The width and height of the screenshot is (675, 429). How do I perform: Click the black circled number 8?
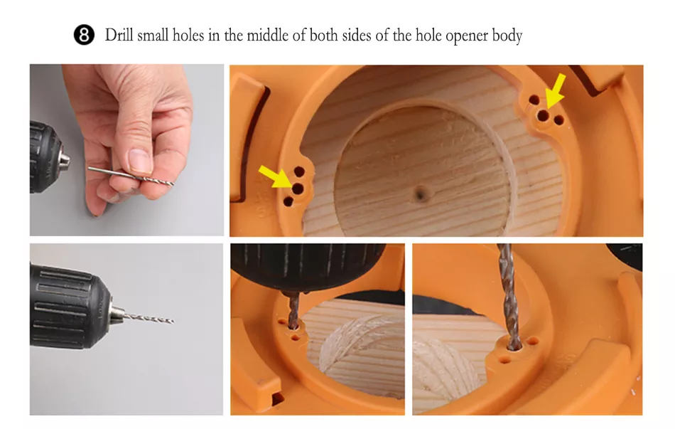[x=84, y=35]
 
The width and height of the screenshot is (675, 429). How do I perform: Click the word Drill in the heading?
[x=119, y=34]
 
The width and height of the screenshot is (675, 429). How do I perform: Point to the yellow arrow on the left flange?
[x=275, y=176]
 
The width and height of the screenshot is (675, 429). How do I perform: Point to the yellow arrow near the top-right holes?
[x=555, y=90]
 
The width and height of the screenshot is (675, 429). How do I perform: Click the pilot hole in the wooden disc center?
[x=420, y=194]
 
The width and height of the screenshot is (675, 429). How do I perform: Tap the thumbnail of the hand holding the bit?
[x=126, y=150]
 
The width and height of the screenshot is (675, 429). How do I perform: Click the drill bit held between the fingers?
[x=131, y=176]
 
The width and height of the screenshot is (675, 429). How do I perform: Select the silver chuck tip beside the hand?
[x=64, y=159]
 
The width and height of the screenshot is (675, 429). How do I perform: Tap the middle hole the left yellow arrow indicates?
[x=298, y=188]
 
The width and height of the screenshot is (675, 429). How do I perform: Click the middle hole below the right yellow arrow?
[x=544, y=115]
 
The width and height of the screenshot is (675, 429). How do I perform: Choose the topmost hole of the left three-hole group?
[x=299, y=172]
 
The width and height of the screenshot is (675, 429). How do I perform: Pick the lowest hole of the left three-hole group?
[x=288, y=201]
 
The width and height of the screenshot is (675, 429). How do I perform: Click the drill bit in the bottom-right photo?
[x=509, y=297]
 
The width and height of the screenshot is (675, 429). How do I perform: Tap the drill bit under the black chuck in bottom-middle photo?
[x=293, y=309]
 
